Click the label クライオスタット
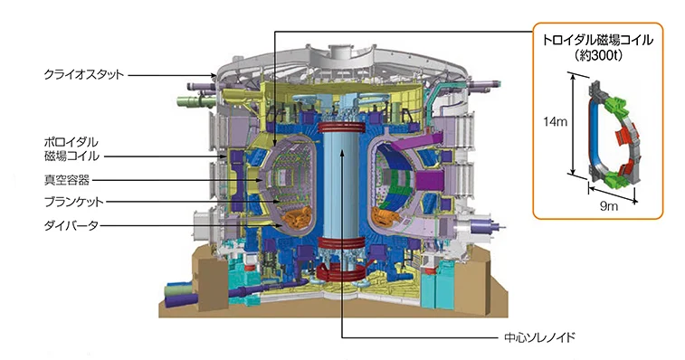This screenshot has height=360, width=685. point(83,75)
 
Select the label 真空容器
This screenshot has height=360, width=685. point(67,180)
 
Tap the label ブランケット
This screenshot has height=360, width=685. point(74,202)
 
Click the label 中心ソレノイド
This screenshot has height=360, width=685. point(539,337)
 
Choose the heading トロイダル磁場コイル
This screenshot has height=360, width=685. point(597,40)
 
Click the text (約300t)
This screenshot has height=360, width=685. point(597,55)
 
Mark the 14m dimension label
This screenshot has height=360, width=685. point(556,121)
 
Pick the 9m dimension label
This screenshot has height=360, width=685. point(609,205)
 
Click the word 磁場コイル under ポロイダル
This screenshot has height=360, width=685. point(71,156)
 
